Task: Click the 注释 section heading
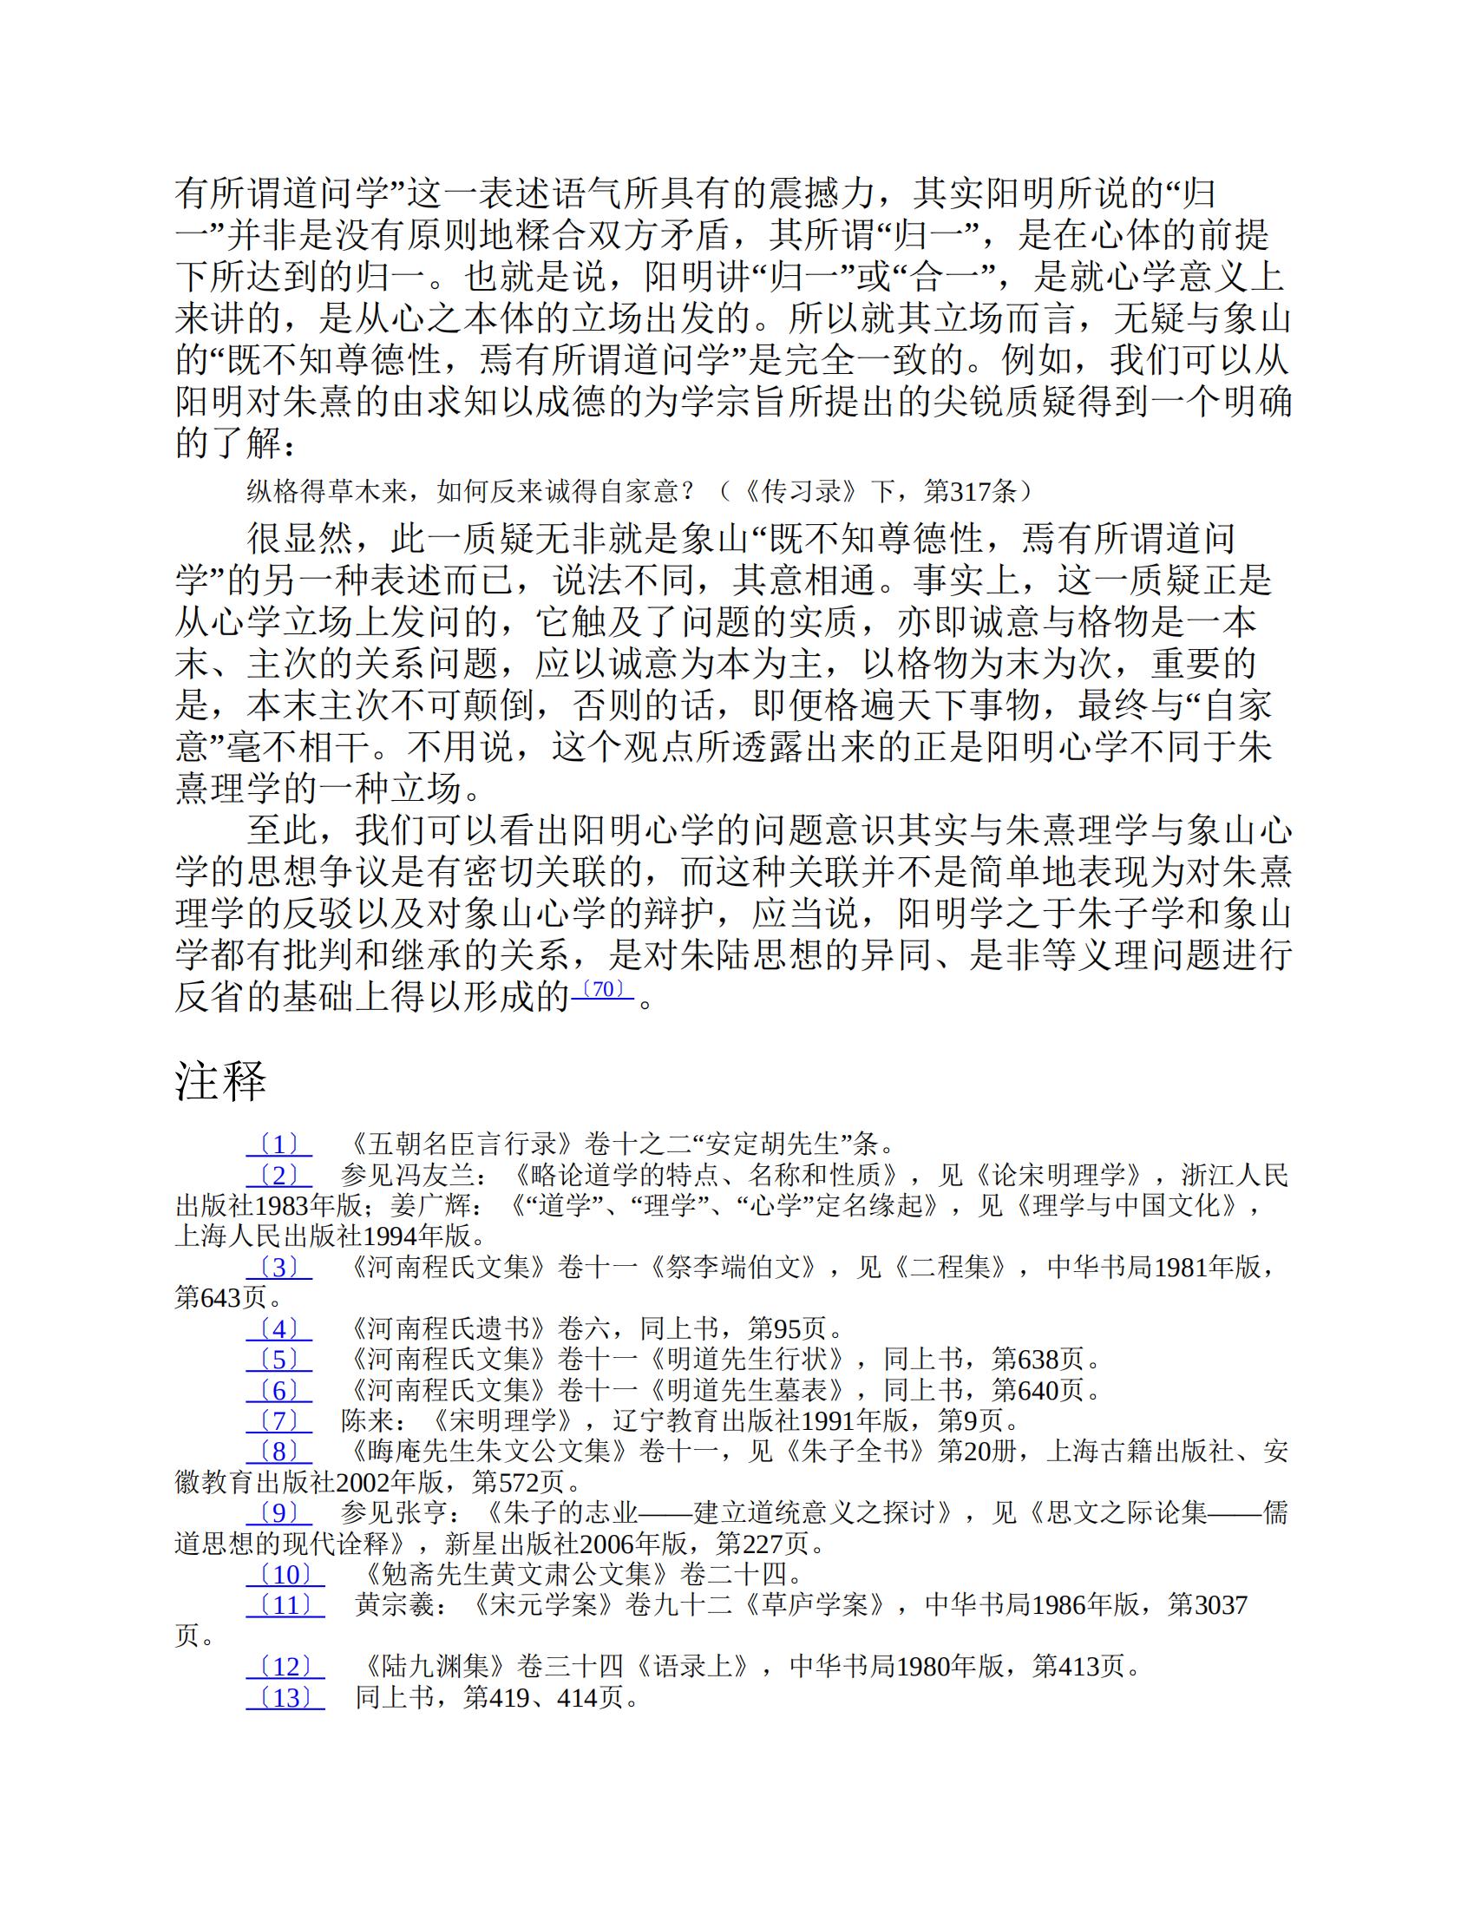[221, 1082]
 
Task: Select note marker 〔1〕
[278, 1144]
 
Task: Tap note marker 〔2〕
[278, 1175]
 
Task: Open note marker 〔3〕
[278, 1267]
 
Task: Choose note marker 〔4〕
[278, 1328]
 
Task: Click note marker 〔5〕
[278, 1360]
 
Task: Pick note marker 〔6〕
[278, 1390]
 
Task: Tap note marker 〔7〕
[278, 1420]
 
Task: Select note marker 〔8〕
[278, 1452]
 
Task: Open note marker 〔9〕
[278, 1513]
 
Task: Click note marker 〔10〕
[285, 1575]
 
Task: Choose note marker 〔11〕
[285, 1605]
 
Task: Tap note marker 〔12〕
[285, 1667]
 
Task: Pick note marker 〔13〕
[285, 1697]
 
